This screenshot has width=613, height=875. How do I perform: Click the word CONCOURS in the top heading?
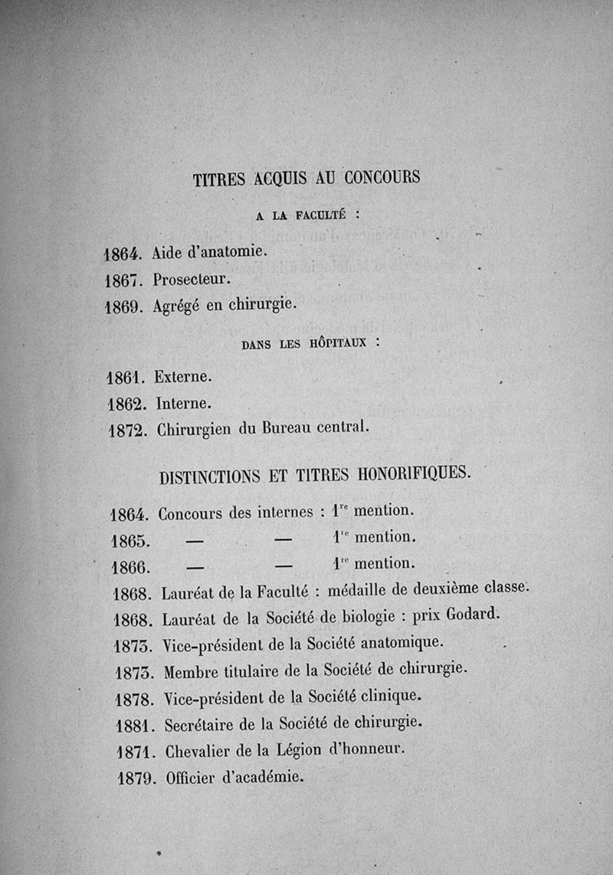(382, 179)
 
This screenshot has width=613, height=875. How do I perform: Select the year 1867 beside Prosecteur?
(121, 280)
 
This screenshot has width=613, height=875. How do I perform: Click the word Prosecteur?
(187, 279)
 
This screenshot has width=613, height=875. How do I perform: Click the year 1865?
(129, 541)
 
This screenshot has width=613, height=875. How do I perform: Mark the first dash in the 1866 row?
(195, 567)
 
